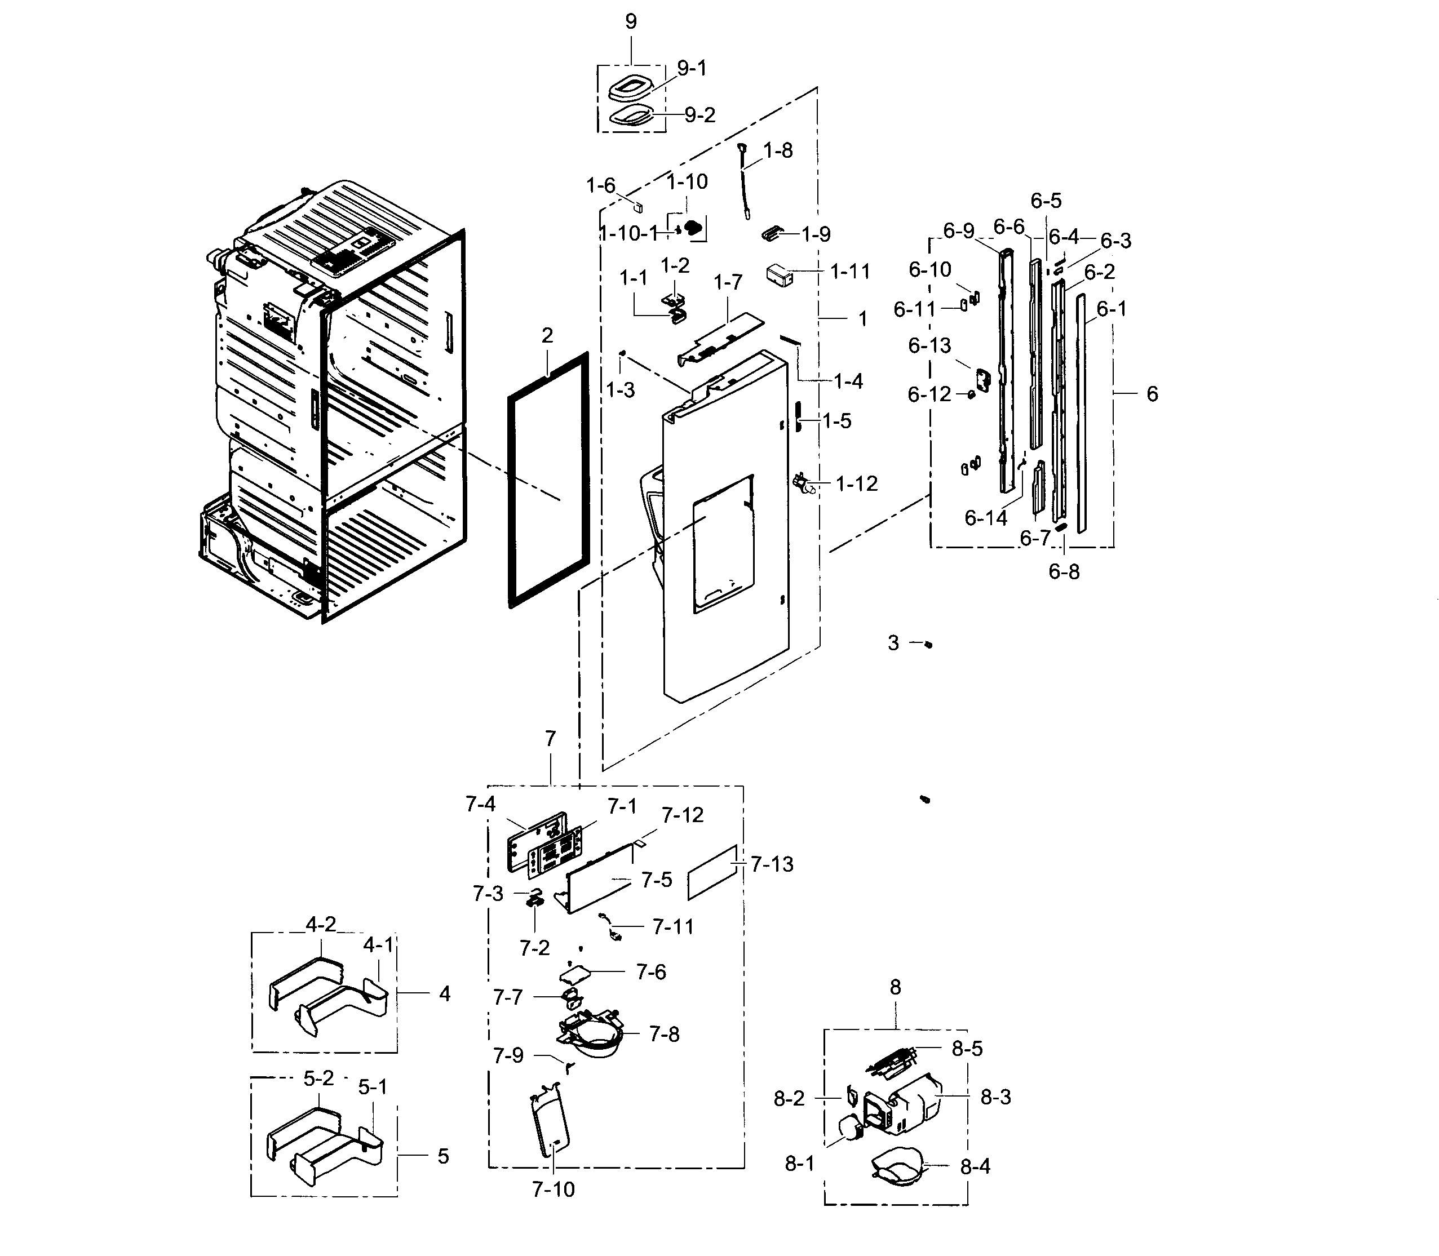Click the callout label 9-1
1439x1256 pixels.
(x=691, y=69)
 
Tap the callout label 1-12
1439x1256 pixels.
(x=857, y=483)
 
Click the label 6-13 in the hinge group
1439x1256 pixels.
(x=929, y=345)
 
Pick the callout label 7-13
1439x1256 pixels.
(x=772, y=864)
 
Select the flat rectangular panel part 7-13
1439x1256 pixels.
(x=712, y=873)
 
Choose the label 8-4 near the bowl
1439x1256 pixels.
(x=975, y=1167)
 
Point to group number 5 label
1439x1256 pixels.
(x=443, y=1156)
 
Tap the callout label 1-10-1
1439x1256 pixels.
(x=628, y=233)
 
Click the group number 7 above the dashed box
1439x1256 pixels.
(x=550, y=739)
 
